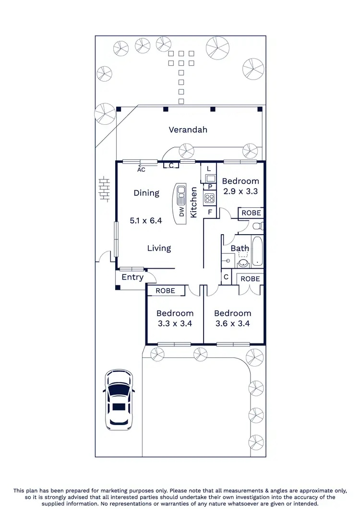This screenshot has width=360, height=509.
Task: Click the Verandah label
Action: pyautogui.click(x=188, y=130)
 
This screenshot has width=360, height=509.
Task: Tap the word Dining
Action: pyautogui.click(x=146, y=193)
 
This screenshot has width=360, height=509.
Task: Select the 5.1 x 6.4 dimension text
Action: pyautogui.click(x=146, y=221)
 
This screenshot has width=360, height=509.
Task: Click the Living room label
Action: pyautogui.click(x=159, y=248)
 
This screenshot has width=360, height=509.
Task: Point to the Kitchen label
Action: pyautogui.click(x=194, y=202)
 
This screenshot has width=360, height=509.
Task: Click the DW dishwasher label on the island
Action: pyautogui.click(x=182, y=212)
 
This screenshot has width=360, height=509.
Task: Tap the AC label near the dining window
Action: pyautogui.click(x=141, y=169)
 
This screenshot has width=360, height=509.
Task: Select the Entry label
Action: pyautogui.click(x=132, y=277)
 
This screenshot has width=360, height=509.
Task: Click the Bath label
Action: pyautogui.click(x=240, y=249)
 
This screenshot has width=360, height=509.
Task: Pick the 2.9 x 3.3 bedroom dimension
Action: pyautogui.click(x=240, y=191)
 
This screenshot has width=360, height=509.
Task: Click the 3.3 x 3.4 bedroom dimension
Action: pyautogui.click(x=175, y=323)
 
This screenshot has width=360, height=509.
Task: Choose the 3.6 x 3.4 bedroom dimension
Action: pyautogui.click(x=233, y=323)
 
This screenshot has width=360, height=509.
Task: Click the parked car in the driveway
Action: pyautogui.click(x=118, y=399)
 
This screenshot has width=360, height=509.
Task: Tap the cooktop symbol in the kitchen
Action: pyautogui.click(x=209, y=198)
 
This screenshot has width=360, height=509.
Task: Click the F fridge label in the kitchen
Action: pyautogui.click(x=210, y=212)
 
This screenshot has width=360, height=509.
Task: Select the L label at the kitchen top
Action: pyautogui.click(x=209, y=169)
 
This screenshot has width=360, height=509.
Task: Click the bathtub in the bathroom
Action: pyautogui.click(x=257, y=251)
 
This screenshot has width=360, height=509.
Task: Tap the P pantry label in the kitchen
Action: pyautogui.click(x=210, y=187)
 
